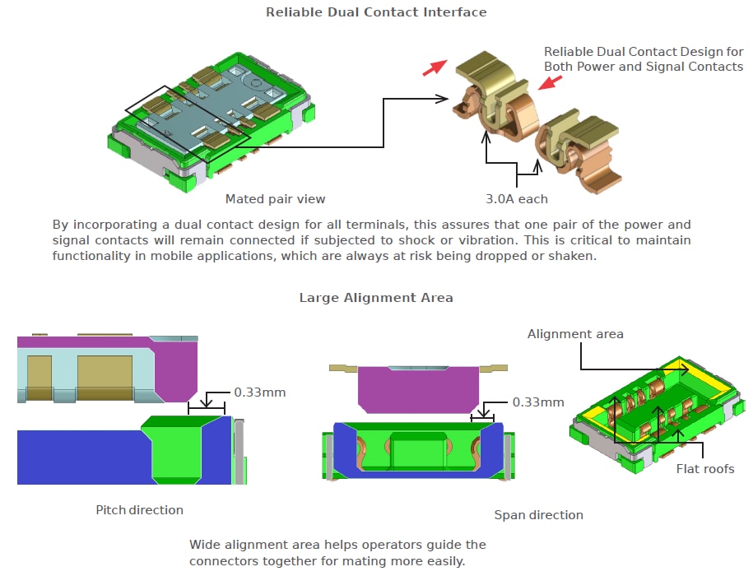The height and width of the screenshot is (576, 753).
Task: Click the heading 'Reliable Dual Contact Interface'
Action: pyautogui.click(x=376, y=12)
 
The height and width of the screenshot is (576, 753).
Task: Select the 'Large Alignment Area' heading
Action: pyautogui.click(x=376, y=298)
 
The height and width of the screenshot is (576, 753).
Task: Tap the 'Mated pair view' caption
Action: pyautogui.click(x=275, y=199)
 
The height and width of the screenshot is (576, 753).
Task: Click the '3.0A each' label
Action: pyautogui.click(x=516, y=199)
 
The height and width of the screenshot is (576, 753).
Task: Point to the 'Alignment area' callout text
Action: pyautogui.click(x=575, y=334)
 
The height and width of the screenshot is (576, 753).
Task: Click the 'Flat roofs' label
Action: pyautogui.click(x=706, y=470)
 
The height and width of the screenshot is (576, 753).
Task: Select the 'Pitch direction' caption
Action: pyautogui.click(x=139, y=510)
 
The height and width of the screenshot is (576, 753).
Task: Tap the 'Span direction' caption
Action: pyautogui.click(x=538, y=515)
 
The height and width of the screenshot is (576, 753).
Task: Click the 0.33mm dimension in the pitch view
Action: pyautogui.click(x=260, y=393)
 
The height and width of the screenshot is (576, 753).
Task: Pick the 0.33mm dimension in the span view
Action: pyautogui.click(x=538, y=402)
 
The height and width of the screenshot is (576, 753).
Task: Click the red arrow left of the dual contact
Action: pyautogui.click(x=434, y=67)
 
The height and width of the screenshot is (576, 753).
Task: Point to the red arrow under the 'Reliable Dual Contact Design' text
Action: pyautogui.click(x=551, y=82)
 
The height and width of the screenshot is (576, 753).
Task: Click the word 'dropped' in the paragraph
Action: pyautogui.click(x=579, y=256)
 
